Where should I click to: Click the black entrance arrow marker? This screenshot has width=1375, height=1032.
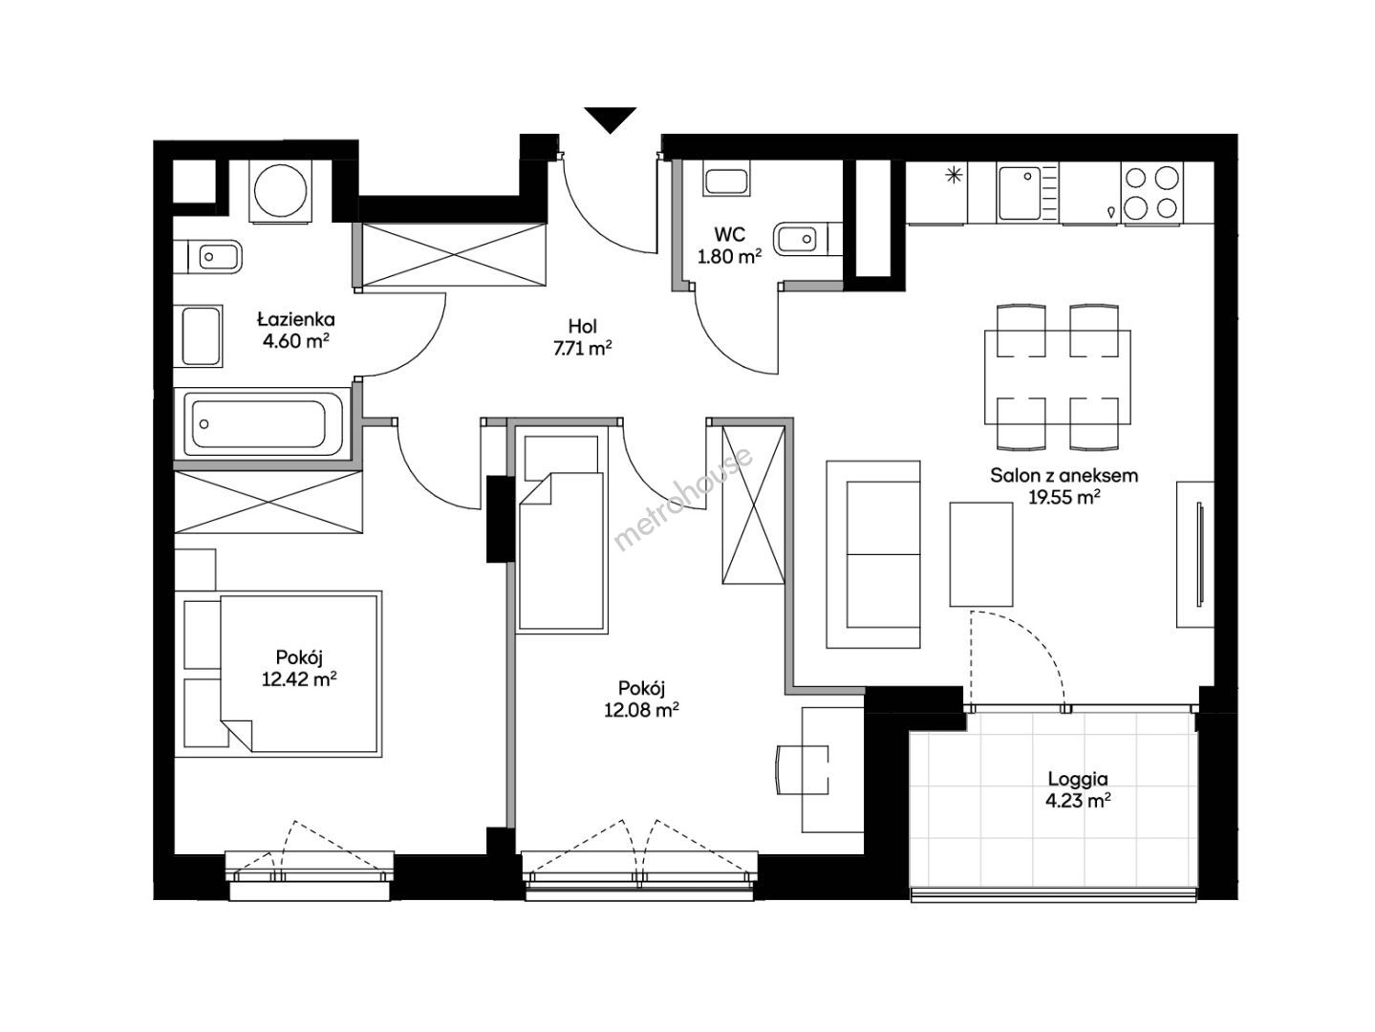pyautogui.click(x=610, y=119)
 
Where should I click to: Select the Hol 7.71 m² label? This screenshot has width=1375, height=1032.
pyautogui.click(x=582, y=337)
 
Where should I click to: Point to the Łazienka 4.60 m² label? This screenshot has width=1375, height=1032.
pyautogui.click(x=295, y=330)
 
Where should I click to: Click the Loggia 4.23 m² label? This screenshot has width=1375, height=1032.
pyautogui.click(x=1078, y=789)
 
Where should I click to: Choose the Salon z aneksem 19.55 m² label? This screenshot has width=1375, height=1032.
pyautogui.click(x=1063, y=486)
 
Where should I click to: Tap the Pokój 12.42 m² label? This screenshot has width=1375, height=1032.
pyautogui.click(x=299, y=668)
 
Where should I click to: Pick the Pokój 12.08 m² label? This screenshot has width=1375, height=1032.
pyautogui.click(x=641, y=699)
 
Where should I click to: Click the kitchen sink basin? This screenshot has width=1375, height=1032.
pyautogui.click(x=1019, y=192)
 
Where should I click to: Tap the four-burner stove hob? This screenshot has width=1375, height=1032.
pyautogui.click(x=1151, y=192)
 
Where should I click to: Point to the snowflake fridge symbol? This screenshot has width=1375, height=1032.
pyautogui.click(x=954, y=176)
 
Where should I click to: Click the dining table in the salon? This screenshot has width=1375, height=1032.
pyautogui.click(x=1058, y=377)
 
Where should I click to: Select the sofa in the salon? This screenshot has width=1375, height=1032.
pyautogui.click(x=872, y=554)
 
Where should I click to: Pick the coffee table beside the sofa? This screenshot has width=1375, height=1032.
pyautogui.click(x=981, y=554)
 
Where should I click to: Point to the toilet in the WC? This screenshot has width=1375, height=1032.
pyautogui.click(x=808, y=238)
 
